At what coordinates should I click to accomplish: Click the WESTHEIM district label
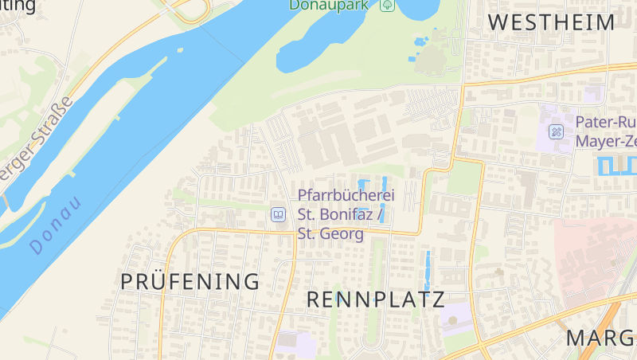click(551, 22)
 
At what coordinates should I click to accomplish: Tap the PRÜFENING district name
click(190, 281)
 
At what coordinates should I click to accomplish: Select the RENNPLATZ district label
click(375, 299)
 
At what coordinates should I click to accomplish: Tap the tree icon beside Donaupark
click(388, 5)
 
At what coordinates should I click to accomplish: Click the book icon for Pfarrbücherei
click(278, 214)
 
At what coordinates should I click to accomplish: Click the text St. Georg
click(330, 234)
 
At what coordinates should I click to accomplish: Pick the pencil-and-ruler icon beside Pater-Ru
click(557, 131)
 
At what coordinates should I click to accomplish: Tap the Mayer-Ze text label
click(605, 142)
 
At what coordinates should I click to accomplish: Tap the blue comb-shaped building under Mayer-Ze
click(616, 166)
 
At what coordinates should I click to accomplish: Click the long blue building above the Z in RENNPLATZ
click(428, 271)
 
